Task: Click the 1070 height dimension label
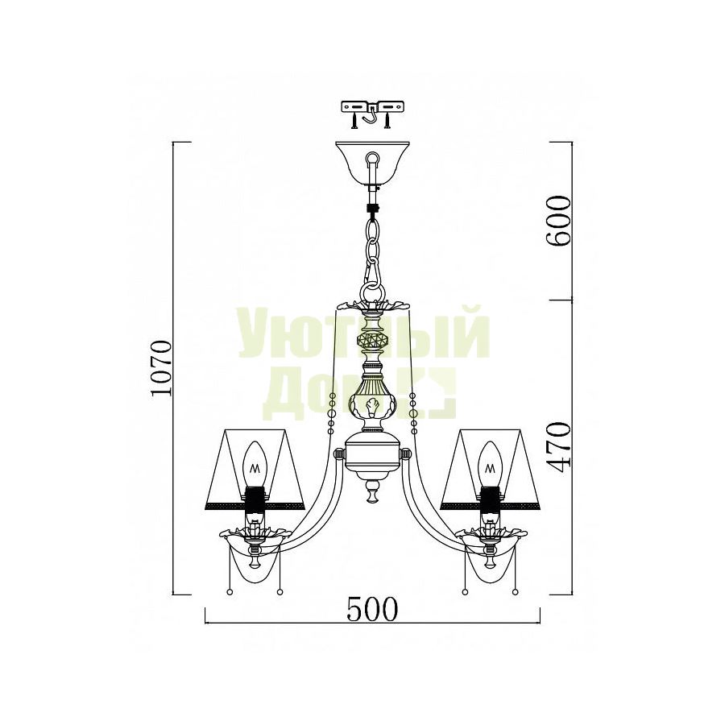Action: click(162, 367)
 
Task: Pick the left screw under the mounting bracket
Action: click(354, 121)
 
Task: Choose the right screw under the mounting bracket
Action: click(387, 121)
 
